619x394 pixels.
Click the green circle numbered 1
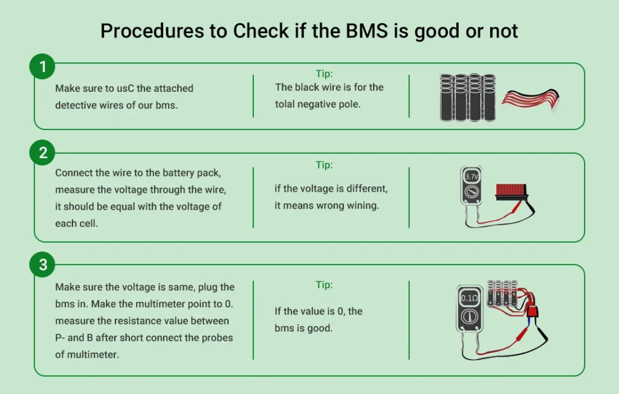43,67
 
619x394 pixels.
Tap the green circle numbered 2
43,153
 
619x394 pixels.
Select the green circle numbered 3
43,265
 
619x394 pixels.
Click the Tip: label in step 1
324,74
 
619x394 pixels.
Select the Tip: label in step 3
324,285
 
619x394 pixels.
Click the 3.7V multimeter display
472,177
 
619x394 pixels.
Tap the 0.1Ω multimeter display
469,297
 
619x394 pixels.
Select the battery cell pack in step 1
467,97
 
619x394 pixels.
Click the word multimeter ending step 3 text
92,355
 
